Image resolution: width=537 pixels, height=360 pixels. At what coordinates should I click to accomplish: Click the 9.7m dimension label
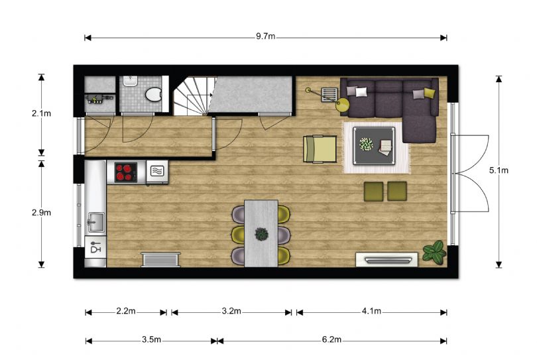pyautogui.click(x=265, y=36)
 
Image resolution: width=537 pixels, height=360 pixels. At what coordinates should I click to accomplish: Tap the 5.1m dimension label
pyautogui.click(x=499, y=170)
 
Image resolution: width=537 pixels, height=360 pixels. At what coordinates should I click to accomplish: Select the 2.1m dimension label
pyautogui.click(x=42, y=113)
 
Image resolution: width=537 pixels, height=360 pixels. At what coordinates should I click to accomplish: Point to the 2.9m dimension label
pyautogui.click(x=42, y=213)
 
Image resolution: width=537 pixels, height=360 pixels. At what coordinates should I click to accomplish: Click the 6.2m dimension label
pyautogui.click(x=331, y=340)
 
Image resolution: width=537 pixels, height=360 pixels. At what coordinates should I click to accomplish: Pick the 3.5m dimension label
pyautogui.click(x=151, y=340)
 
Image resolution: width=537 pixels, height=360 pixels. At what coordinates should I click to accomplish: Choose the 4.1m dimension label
pyautogui.click(x=371, y=312)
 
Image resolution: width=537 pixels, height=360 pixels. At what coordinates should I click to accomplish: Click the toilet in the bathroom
pyautogui.click(x=153, y=95)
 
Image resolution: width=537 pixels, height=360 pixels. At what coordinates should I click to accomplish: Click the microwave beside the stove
pyautogui.click(x=157, y=171)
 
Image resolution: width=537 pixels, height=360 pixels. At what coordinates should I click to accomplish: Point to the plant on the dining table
pyautogui.click(x=261, y=234)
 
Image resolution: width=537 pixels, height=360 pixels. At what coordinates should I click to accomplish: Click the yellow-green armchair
pyautogui.click(x=320, y=149)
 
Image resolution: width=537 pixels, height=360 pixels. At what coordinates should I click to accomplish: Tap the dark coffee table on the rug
pyautogui.click(x=374, y=146)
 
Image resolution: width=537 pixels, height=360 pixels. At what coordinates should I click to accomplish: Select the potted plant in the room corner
pyautogui.click(x=434, y=253)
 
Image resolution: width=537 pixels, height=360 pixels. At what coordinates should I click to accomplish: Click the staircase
pyautogui.click(x=194, y=96)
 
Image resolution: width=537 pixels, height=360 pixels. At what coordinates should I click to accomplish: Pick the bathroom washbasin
pyautogui.click(x=130, y=81)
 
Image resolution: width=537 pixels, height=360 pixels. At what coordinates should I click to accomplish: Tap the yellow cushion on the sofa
pyautogui.click(x=429, y=92)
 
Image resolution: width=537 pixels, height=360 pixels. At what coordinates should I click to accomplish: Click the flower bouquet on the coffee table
pyautogui.click(x=366, y=145)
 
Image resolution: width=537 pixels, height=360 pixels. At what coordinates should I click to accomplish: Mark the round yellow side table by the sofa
pyautogui.click(x=343, y=105)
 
